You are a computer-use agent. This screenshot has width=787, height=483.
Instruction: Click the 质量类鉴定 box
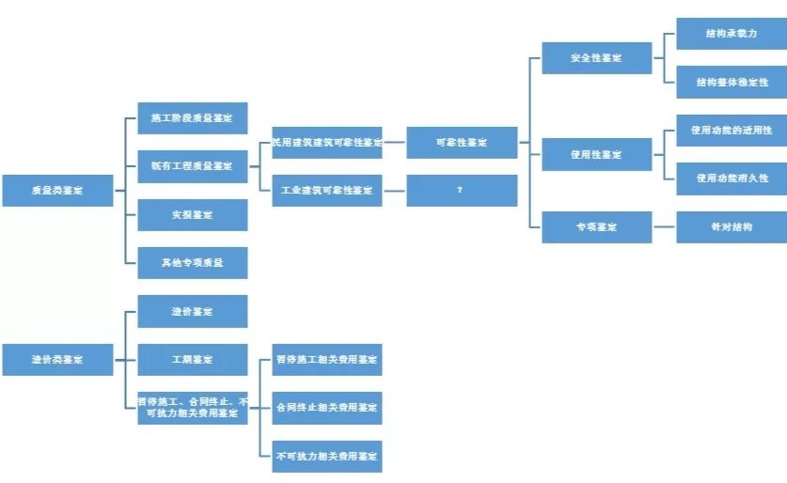pos(57,190)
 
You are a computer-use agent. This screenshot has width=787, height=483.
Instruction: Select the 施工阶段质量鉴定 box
pos(192,118)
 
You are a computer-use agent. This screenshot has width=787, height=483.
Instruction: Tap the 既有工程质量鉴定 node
pos(192,166)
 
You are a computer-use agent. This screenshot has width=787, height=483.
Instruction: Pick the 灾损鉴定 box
pos(192,214)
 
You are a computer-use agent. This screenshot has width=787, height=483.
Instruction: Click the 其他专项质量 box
pos(192,263)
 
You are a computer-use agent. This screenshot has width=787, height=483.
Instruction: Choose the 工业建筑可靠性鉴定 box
pos(326,190)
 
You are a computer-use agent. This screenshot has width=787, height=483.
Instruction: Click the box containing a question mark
pos(461,190)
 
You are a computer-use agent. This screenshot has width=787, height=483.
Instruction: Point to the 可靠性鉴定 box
pos(461,143)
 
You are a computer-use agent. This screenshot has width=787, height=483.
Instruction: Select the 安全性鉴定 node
pos(596,58)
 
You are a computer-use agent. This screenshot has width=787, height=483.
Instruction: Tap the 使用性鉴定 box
pos(596,154)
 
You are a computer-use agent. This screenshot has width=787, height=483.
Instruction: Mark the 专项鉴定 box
pos(596,226)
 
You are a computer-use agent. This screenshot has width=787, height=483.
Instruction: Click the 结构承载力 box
pos(731,34)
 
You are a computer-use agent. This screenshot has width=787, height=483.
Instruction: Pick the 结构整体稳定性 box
pos(731,82)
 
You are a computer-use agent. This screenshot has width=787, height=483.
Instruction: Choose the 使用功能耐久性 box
pos(731,178)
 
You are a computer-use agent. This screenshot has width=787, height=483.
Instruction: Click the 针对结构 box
pos(731,226)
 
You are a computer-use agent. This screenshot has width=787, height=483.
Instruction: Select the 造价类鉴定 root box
pos(57,359)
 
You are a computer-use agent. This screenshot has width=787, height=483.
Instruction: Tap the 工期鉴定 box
pos(192,359)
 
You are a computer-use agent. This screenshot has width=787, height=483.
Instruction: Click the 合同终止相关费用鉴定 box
pos(326,408)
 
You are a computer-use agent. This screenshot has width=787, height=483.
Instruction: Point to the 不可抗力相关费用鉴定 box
pos(326,456)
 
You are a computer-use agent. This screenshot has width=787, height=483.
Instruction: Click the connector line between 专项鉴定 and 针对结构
pos(664,226)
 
